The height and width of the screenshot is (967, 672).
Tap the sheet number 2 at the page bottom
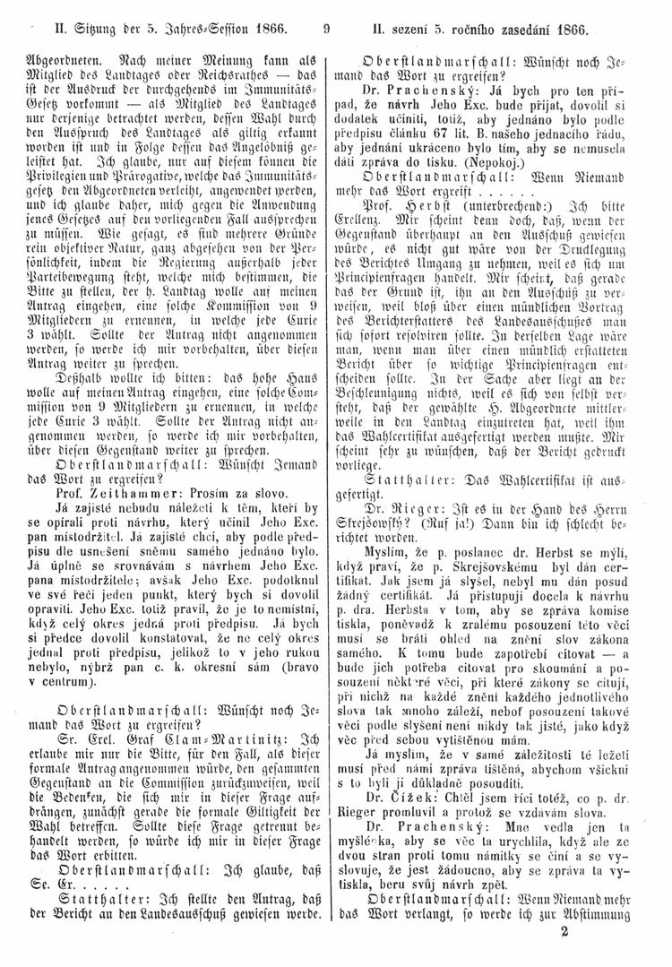tap(564, 952)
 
